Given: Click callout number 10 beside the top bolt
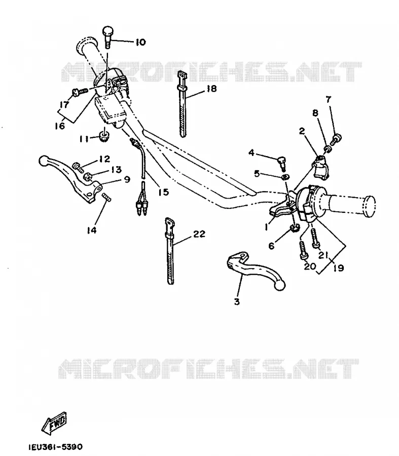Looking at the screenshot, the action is pos(140,42).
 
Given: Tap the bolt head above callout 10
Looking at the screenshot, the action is pos(107,30).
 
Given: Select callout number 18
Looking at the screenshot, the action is pos(212,88).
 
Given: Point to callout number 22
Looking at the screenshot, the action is pos(199,234).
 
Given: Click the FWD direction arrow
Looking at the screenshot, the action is pos(54,423).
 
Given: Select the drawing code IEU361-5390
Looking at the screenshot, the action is pos(55,446).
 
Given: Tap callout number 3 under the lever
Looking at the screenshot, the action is pos(237,301).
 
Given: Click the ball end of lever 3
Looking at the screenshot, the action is pos(280,285).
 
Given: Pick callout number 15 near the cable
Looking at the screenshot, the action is pos(164,192).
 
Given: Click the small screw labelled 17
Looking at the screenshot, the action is pos(79,92).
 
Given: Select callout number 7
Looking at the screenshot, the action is pos(329,99).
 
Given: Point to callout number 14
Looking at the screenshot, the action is pos(91,230).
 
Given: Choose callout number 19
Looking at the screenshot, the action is pos(339,268).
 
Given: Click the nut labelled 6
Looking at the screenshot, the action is pos(295,228).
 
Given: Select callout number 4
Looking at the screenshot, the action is pos(251,153).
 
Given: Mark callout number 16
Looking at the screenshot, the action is pos(60,126).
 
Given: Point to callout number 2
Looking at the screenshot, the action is pos(302,131).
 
